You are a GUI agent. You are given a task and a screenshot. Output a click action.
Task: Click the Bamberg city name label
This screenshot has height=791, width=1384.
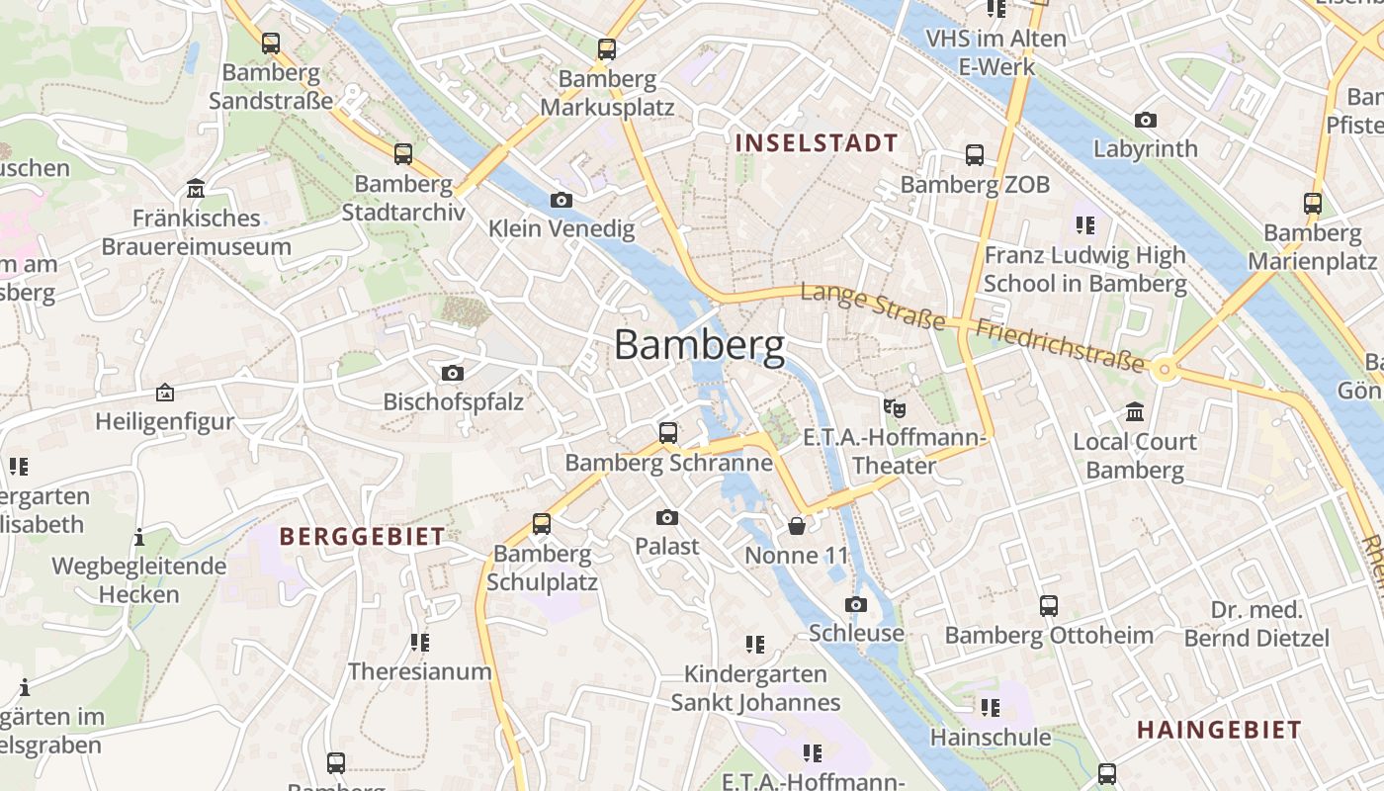click(x=700, y=345)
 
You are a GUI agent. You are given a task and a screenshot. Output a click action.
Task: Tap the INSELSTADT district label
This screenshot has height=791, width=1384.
click(x=817, y=142)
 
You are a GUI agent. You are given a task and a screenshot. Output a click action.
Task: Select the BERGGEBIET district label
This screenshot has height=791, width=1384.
click(x=362, y=537)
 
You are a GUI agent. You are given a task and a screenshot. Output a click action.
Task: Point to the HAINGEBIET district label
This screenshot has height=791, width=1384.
click(x=1219, y=731)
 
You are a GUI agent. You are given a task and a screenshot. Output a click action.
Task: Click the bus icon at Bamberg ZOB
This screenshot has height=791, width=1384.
click(x=975, y=155)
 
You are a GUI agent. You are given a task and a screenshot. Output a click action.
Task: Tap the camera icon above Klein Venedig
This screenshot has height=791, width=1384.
click(x=561, y=201)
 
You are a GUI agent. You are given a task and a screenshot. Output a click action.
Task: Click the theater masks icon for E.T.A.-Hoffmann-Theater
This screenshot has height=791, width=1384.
click(x=895, y=407)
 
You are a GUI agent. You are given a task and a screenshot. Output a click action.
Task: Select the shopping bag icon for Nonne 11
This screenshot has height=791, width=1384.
click(x=797, y=526)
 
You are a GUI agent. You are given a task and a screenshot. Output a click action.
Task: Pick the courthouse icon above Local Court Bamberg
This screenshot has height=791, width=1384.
click(x=1135, y=411)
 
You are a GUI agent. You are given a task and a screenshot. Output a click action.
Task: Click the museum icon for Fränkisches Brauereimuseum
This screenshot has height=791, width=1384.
click(x=196, y=189)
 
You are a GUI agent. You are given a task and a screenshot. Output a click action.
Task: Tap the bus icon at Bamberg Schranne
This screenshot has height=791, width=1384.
click(x=668, y=433)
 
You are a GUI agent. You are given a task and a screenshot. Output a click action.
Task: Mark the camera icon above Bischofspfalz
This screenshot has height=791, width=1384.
click(x=453, y=373)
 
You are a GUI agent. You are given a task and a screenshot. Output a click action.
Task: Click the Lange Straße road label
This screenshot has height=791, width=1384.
click(x=873, y=306)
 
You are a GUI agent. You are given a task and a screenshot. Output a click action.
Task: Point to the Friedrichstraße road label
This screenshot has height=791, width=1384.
click(x=1060, y=346)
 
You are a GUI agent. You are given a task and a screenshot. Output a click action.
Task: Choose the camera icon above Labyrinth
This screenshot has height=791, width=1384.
click(x=1146, y=121)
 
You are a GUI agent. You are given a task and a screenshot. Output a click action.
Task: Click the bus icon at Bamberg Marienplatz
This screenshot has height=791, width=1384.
click(x=1313, y=204)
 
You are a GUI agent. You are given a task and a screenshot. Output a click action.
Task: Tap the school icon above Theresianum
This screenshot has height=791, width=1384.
click(x=420, y=643)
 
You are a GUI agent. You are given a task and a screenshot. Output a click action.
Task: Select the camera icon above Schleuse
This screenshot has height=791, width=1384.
click(x=856, y=604)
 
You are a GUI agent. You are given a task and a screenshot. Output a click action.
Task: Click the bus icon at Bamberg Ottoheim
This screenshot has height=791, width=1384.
click(x=1049, y=606)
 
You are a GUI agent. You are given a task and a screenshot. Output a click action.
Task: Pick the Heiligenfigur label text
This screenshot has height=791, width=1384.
click(x=165, y=421)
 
